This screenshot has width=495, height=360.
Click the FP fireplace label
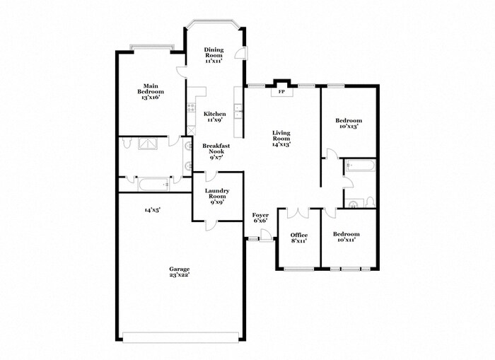[x=281, y=92]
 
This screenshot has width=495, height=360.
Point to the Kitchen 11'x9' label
[x=215, y=117]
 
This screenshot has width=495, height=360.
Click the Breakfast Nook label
[x=215, y=152]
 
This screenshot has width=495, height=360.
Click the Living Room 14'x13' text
[x=282, y=138]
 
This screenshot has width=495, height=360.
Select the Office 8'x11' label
[x=299, y=238]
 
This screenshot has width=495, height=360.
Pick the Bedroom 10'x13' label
[x=349, y=124]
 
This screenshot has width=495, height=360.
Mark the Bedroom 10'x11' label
[x=346, y=238]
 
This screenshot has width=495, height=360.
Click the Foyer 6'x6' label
[x=261, y=218]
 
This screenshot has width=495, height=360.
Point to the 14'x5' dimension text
[x=151, y=210]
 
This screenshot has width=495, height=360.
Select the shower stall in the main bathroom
[x=149, y=144]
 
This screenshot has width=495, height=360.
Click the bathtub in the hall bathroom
[x=360, y=168]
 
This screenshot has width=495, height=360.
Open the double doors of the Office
[x=299, y=212]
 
